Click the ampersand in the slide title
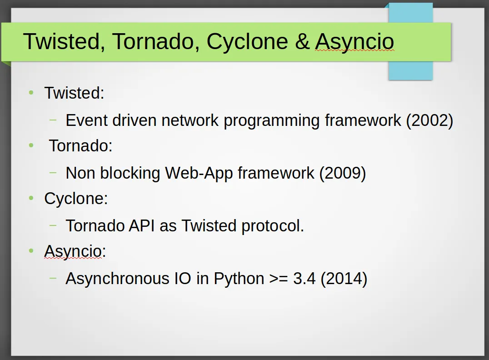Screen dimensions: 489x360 (302, 41)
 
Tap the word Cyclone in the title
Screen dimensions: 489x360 (247, 41)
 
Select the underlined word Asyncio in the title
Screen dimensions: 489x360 (354, 41)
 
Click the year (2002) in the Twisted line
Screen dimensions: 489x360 (429, 120)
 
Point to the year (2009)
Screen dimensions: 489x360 (342, 173)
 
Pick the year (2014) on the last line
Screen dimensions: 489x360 (344, 279)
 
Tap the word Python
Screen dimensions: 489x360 (239, 279)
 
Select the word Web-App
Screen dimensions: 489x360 (199, 173)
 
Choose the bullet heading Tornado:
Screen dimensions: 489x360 (81, 146)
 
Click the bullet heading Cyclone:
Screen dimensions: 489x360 (76, 199)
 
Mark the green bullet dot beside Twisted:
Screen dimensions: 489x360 (31, 92)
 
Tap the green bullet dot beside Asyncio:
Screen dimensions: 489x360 (31, 250)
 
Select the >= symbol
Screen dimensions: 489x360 (279, 279)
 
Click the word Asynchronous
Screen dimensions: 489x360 (117, 279)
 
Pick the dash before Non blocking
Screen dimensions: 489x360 (53, 173)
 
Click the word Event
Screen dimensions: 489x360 (86, 120)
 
